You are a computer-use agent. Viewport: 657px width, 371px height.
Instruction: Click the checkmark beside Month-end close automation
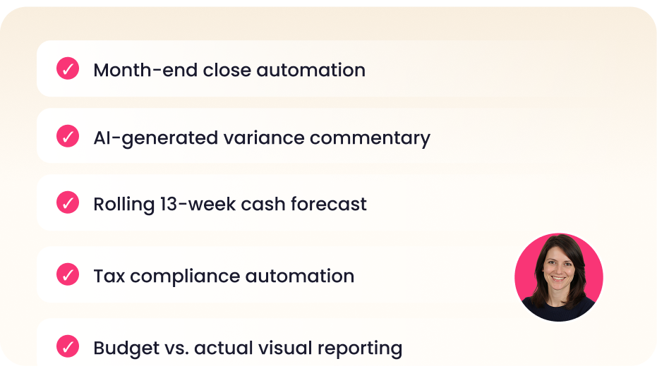click(68, 68)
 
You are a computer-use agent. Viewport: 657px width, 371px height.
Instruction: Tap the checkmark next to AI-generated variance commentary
click(68, 136)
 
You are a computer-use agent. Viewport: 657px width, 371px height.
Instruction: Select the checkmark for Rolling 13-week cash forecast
click(68, 202)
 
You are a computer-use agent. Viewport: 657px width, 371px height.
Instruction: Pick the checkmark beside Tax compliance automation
click(68, 274)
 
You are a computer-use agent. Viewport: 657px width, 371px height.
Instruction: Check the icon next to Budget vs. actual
click(68, 346)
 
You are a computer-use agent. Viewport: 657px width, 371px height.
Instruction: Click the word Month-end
click(145, 70)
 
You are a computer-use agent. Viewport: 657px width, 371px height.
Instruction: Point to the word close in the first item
click(227, 70)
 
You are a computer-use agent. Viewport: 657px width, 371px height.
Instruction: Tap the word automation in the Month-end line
click(311, 70)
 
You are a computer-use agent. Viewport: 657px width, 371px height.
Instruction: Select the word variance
click(263, 138)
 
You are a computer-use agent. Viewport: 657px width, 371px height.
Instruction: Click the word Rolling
click(124, 205)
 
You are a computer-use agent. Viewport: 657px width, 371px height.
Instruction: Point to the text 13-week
click(198, 205)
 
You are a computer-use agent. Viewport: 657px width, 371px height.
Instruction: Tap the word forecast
click(329, 205)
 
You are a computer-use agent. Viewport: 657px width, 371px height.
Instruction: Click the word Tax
click(109, 276)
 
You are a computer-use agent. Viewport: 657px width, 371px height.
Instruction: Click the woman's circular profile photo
click(558, 277)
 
